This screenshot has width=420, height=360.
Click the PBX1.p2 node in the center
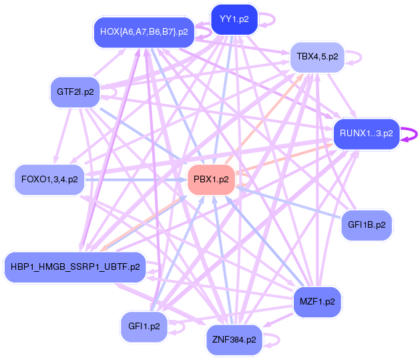point(211,179)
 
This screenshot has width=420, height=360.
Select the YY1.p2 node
point(234,19)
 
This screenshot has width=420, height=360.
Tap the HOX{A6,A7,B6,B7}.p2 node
point(144,31)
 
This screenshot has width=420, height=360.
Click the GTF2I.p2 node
point(75,91)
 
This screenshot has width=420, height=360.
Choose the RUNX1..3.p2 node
point(367,134)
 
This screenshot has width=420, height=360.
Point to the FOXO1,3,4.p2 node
point(49,179)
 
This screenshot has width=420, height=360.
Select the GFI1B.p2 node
point(367,225)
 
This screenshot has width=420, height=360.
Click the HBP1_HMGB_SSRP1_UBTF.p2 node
point(75,267)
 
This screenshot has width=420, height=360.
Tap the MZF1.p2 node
point(317,302)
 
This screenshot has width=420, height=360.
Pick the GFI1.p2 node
point(144,327)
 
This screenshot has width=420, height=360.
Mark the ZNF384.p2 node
point(234,339)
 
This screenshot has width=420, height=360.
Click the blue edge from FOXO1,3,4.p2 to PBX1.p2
point(134,179)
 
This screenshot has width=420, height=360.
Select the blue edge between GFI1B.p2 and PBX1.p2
point(287,202)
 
